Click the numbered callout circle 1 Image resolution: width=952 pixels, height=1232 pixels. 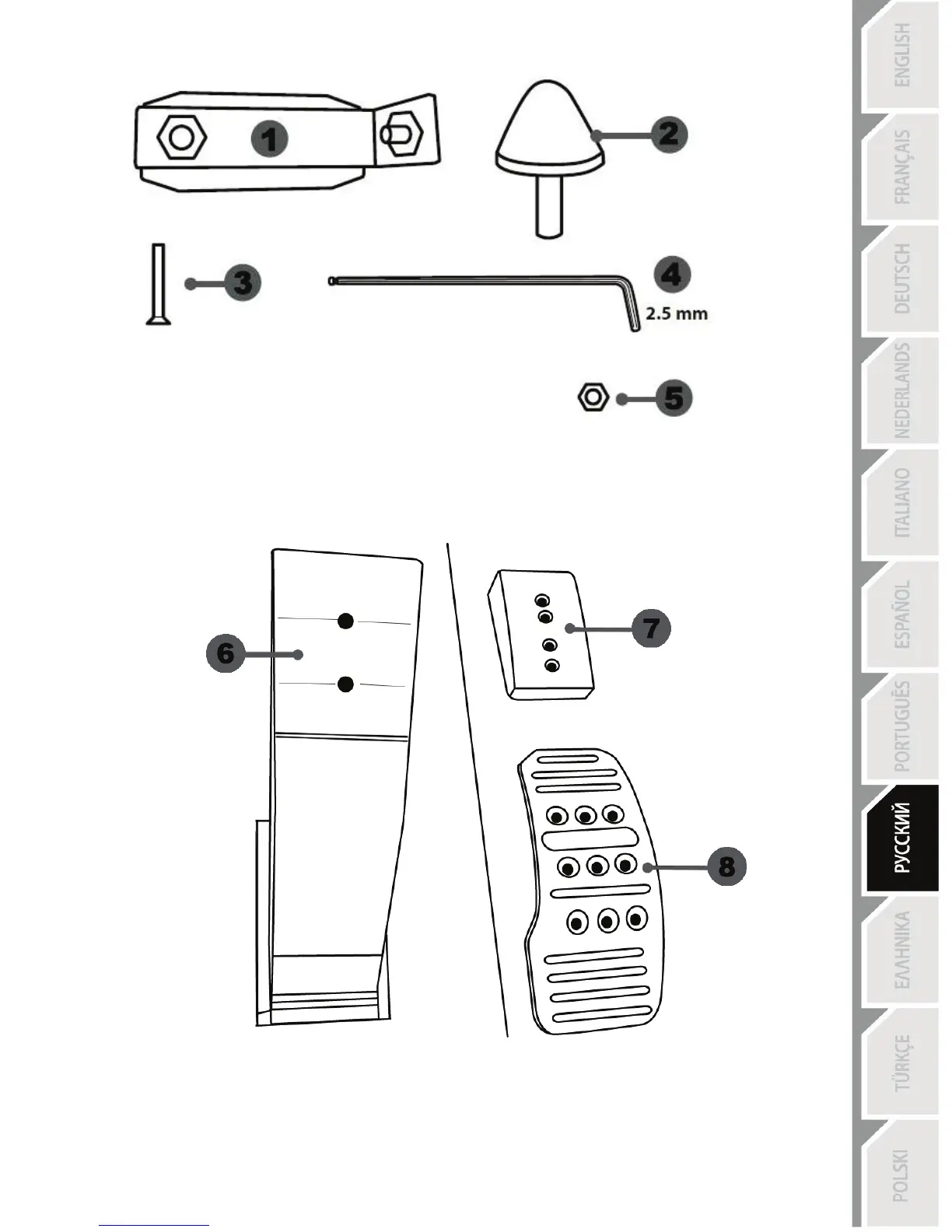[269, 140]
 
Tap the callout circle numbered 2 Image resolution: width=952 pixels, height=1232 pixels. [668, 134]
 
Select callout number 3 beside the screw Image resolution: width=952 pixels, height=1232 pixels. [243, 282]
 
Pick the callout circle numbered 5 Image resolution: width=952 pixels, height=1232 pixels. [674, 398]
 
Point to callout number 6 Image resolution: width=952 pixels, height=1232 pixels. [226, 653]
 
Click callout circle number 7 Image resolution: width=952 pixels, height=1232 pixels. [651, 628]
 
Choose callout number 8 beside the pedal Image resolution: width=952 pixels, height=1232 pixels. [726, 866]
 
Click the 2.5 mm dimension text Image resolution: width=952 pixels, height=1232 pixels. [677, 314]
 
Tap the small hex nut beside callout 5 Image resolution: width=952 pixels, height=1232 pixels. [593, 397]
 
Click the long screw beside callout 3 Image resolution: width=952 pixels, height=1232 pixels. [158, 284]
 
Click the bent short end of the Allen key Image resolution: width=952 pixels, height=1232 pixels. [632, 310]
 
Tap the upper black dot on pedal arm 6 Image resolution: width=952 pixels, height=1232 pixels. [346, 620]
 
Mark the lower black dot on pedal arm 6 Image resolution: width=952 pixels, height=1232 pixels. [346, 684]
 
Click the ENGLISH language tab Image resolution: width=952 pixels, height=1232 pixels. [902, 54]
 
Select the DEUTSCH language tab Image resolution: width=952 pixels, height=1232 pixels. [902, 278]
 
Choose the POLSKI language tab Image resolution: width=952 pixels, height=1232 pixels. [902, 1176]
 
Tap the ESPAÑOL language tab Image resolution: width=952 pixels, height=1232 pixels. [902, 614]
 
